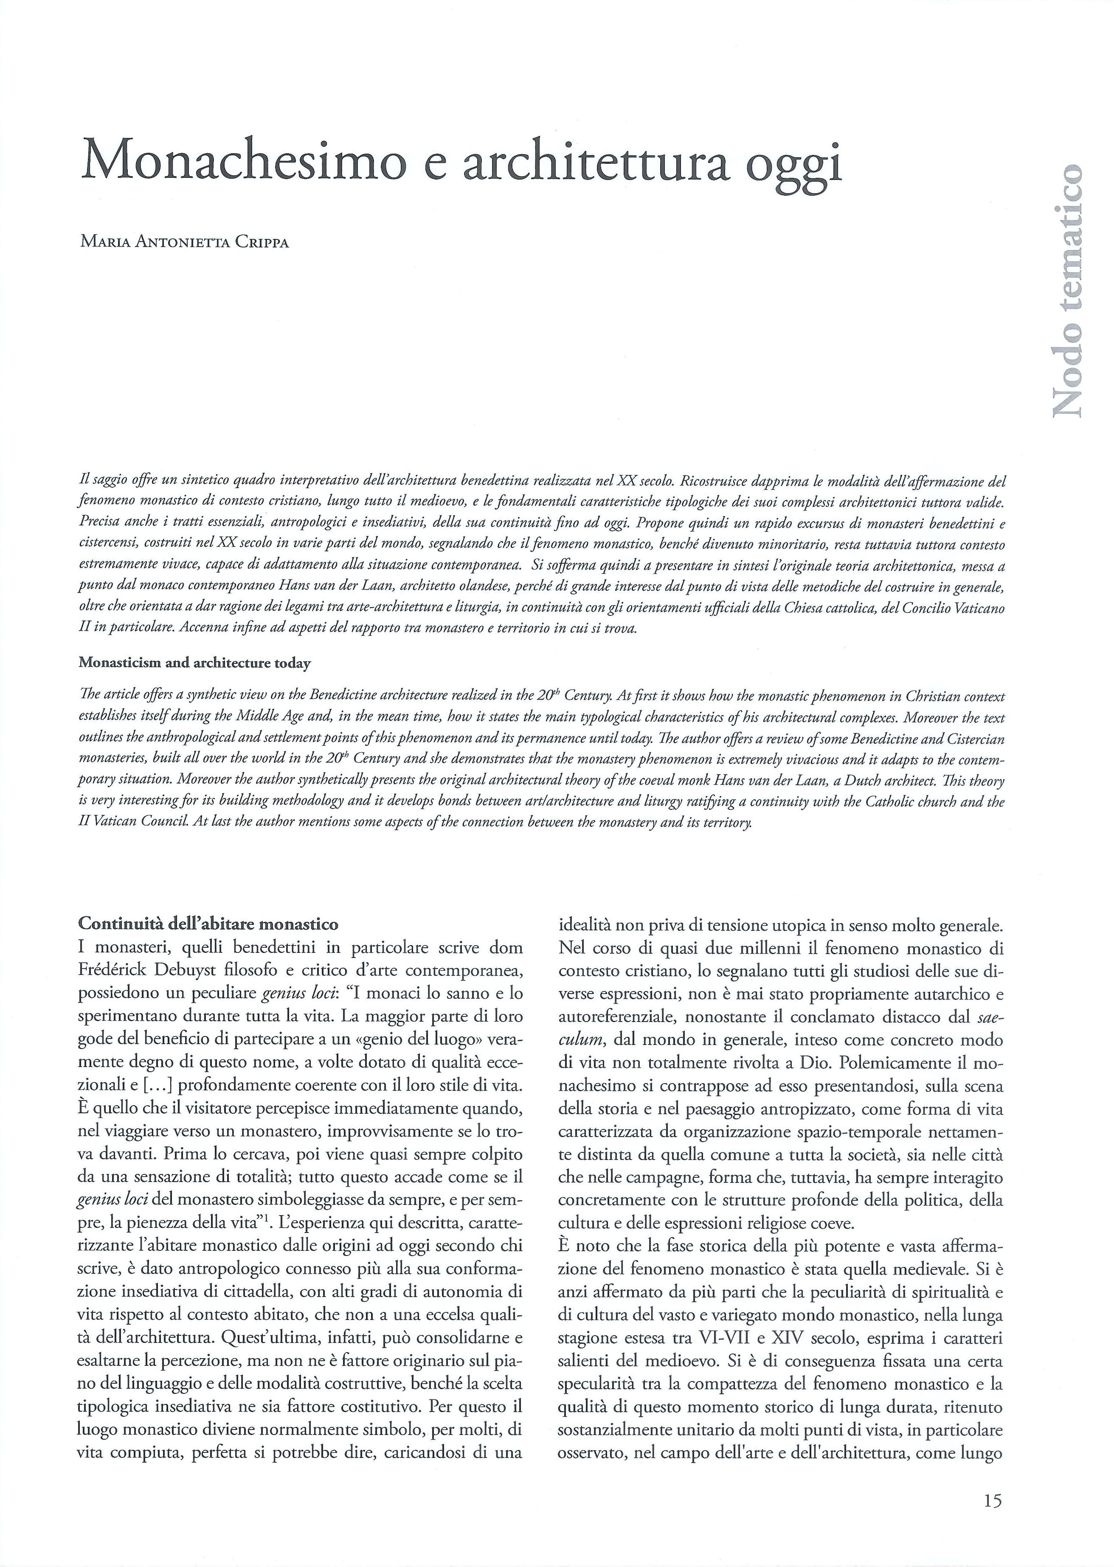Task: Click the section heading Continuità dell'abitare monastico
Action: click(208, 924)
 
